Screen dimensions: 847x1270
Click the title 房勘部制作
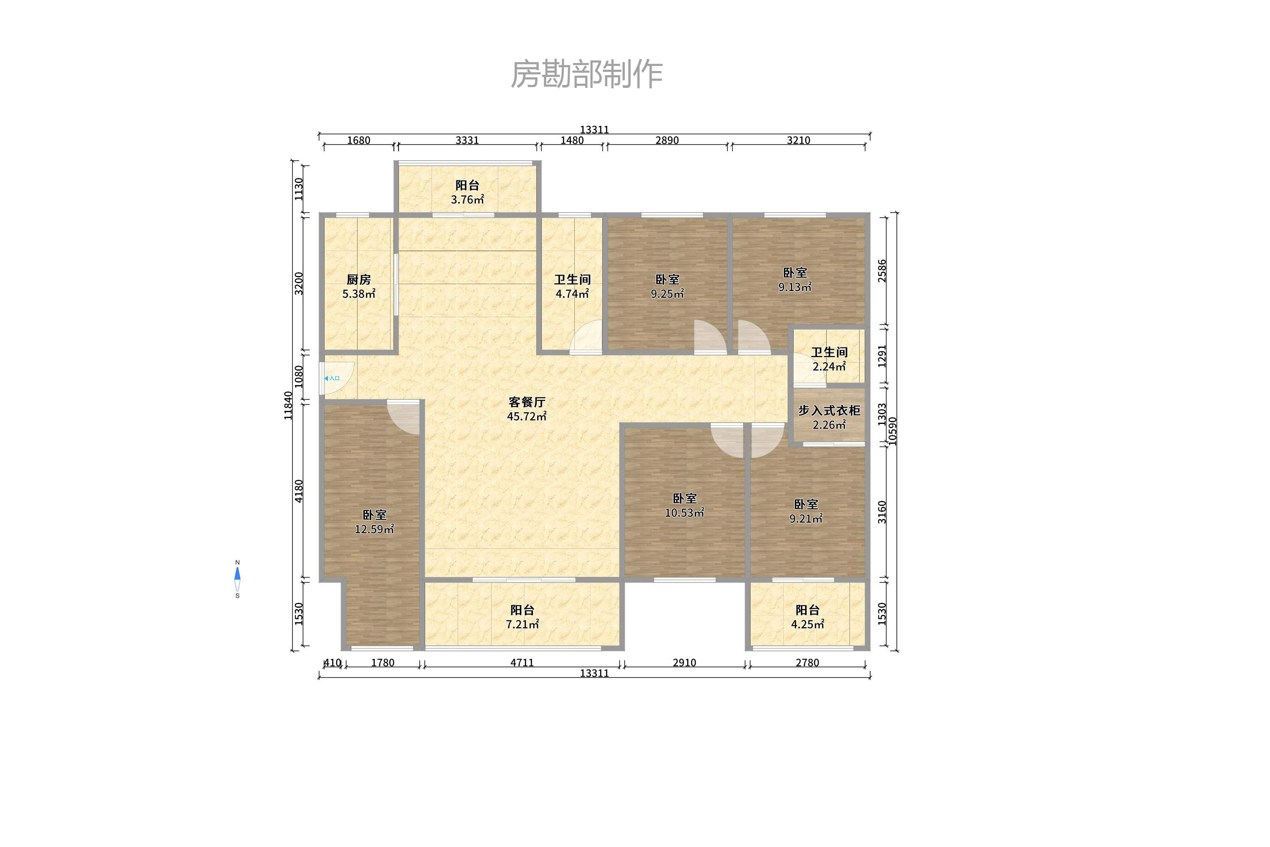587,74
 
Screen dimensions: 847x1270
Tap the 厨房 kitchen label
359,286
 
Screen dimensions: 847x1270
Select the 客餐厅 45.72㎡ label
527,409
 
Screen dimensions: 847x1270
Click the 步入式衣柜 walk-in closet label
829,417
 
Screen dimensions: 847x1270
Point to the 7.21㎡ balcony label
522,617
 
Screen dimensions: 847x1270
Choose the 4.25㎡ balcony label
808,617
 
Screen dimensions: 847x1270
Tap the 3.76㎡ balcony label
467,192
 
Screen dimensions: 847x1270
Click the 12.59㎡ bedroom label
374,522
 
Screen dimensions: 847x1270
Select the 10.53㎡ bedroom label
684,505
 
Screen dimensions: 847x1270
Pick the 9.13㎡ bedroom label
795,279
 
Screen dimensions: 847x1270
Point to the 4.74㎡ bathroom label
572,286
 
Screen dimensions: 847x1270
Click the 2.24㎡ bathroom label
829,359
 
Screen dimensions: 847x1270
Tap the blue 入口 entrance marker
332,378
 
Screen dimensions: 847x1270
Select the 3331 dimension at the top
467,140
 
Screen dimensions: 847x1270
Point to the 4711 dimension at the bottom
522,663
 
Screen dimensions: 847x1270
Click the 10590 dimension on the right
893,431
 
